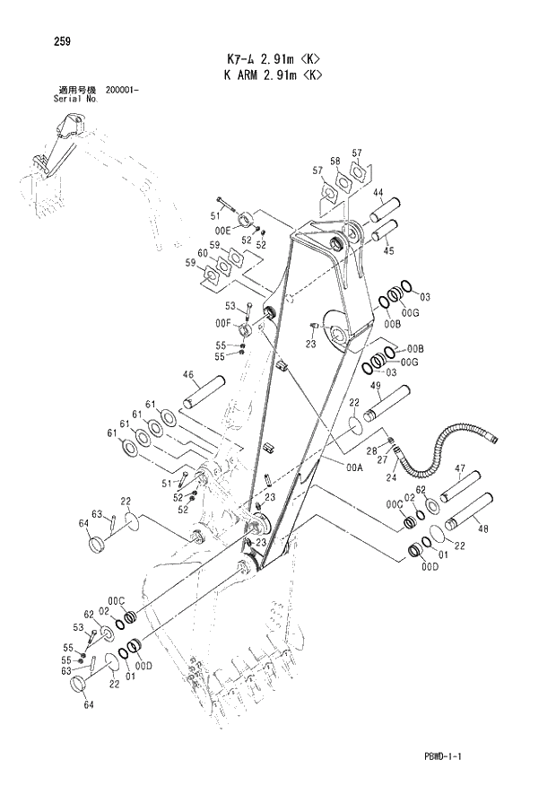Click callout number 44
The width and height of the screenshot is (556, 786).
pyautogui.click(x=378, y=193)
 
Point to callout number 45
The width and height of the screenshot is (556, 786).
pyautogui.click(x=388, y=251)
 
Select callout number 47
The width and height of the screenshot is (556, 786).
pyautogui.click(x=459, y=468)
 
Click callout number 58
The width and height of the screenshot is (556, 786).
pyautogui.click(x=334, y=162)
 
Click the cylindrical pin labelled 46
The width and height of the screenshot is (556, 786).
pyautogui.click(x=204, y=394)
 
